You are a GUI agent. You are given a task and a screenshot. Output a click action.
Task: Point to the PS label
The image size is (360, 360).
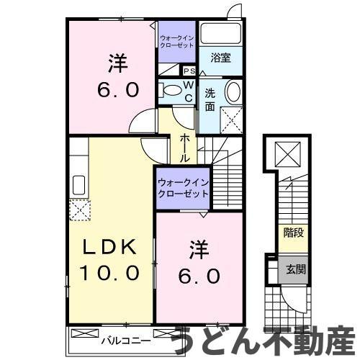point(189,71)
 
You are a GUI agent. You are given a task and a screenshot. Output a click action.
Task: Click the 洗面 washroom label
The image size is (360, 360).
point(210,100)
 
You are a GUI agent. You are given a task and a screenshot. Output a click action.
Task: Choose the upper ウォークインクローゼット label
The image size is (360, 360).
point(176,40)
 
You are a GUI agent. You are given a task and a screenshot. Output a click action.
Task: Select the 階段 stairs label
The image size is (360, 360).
point(292,232)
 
